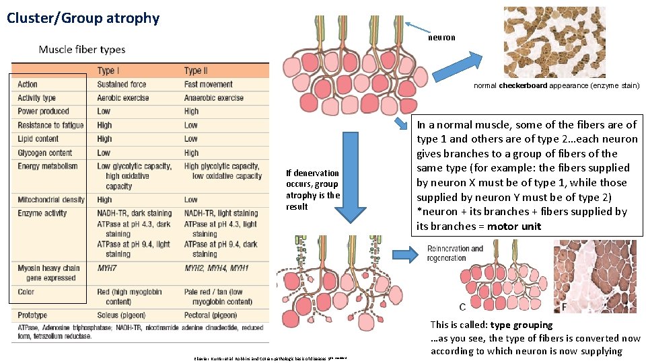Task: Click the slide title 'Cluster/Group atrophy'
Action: (x=83, y=18)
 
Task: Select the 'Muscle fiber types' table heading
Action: (x=82, y=49)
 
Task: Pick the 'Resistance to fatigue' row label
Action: (x=50, y=125)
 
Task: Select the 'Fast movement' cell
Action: (x=208, y=85)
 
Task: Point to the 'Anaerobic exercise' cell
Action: (x=213, y=98)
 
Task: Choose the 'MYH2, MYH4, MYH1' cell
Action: (x=216, y=268)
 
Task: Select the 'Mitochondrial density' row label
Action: (x=51, y=200)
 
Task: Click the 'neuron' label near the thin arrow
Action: (x=441, y=38)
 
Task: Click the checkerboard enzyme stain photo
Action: (x=554, y=42)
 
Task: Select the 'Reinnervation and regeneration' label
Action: (x=455, y=253)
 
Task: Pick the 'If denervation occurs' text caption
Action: (x=313, y=190)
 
